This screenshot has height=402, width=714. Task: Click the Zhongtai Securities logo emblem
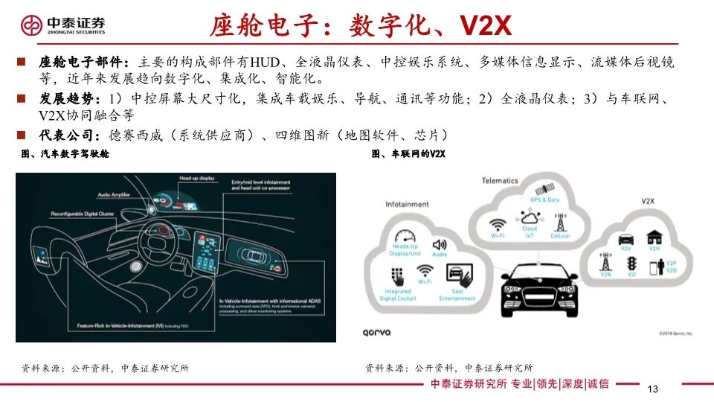click(x=34, y=25)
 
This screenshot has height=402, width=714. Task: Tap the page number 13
click(x=654, y=390)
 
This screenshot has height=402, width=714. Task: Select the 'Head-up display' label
click(x=196, y=179)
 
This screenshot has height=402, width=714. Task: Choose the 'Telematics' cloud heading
click(x=500, y=181)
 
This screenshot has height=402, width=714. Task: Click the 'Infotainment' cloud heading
click(x=407, y=204)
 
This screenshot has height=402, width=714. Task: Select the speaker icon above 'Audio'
click(x=439, y=244)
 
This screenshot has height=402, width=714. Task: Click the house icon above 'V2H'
click(x=654, y=237)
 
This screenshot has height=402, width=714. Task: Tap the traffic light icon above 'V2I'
click(x=631, y=264)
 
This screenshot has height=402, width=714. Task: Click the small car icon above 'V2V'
click(x=627, y=240)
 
